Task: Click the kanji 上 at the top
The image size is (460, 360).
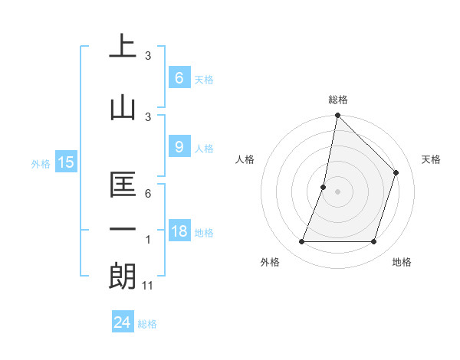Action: (x=123, y=47)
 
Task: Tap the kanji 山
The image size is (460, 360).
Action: (x=123, y=106)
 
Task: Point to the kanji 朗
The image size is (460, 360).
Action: (x=123, y=276)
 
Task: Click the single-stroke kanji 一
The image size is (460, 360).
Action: (x=123, y=229)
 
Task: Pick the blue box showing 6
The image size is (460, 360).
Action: (x=179, y=77)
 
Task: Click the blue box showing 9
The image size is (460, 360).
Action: (x=179, y=148)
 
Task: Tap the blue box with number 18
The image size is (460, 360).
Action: (x=179, y=232)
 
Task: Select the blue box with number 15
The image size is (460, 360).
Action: (x=66, y=162)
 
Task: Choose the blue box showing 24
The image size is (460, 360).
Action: (x=123, y=322)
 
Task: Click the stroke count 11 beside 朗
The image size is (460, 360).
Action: (x=148, y=286)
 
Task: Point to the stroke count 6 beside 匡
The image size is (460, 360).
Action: (x=148, y=194)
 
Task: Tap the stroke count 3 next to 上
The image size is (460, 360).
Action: (x=148, y=56)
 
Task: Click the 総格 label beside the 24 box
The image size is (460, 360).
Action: (x=147, y=324)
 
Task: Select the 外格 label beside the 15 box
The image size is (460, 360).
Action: (x=41, y=163)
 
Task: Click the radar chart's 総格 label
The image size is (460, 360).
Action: (x=338, y=100)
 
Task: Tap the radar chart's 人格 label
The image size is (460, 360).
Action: (x=245, y=159)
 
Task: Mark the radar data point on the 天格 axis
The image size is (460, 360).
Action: (x=396, y=172)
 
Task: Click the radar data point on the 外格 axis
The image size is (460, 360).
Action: (x=302, y=242)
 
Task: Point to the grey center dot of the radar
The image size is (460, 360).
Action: (x=337, y=191)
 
